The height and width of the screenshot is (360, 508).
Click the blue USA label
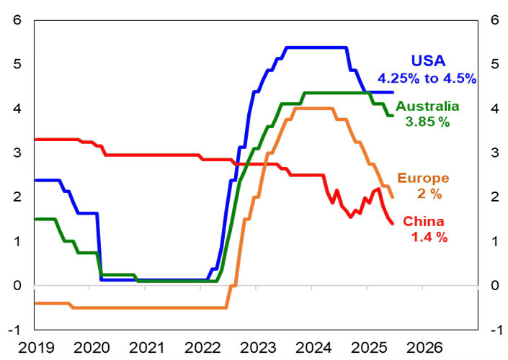point(429,61)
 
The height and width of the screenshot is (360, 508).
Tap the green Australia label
point(427,107)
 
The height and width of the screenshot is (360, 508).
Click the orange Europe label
point(424,178)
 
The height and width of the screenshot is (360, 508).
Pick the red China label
point(423,221)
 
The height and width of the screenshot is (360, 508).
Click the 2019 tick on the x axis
point(34,347)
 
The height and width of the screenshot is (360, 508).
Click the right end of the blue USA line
point(393,92)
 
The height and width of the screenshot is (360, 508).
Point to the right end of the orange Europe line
point(392,197)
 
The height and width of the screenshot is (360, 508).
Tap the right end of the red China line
point(392,223)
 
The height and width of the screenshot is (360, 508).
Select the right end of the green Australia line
point(392,115)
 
